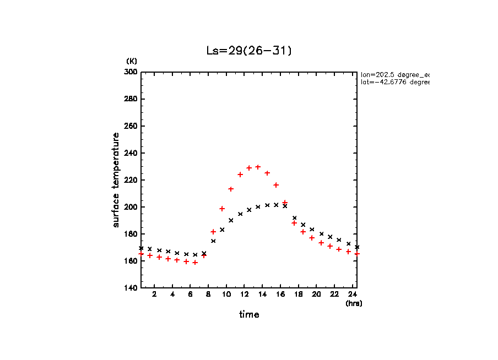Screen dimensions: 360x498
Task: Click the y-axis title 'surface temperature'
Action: pos(116,180)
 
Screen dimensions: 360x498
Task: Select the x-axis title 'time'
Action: pos(249,314)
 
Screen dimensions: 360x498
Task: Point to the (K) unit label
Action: pos(132,61)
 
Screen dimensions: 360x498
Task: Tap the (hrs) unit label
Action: pos(354,303)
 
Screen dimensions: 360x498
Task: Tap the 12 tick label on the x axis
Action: pos(244,294)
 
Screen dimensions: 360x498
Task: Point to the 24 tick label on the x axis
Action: pos(352,294)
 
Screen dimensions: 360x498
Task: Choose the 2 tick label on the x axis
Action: pos(154,294)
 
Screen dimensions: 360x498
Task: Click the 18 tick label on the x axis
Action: pos(298,294)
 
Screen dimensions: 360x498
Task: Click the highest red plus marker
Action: pos(258,167)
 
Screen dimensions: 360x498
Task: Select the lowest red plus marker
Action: pos(195,263)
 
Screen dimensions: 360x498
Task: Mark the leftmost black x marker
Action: pos(141,248)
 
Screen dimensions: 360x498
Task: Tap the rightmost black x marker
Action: pos(357,247)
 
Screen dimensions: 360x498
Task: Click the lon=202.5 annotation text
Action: pos(394,74)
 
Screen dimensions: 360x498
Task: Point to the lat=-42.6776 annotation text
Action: pos(394,82)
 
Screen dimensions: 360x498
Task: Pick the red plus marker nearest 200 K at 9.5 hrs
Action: pos(222,209)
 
